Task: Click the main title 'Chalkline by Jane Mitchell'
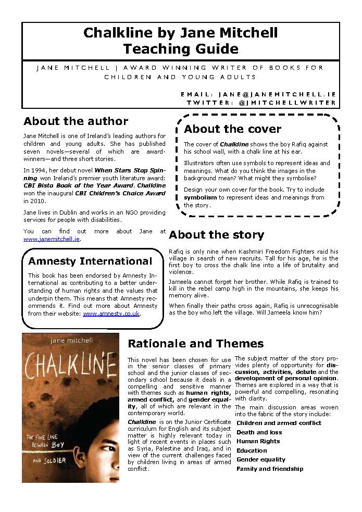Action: pyautogui.click(x=180, y=33)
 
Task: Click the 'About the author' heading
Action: pyautogui.click(x=76, y=121)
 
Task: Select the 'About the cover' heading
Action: pyautogui.click(x=232, y=129)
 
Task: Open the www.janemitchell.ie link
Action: pyautogui.click(x=52, y=239)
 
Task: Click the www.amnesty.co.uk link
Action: pyautogui.click(x=111, y=314)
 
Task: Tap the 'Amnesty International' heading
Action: pyautogui.click(x=90, y=261)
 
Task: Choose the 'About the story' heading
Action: pyautogui.click(x=216, y=235)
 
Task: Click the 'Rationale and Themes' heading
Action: pyautogui.click(x=195, y=344)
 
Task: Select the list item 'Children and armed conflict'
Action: pyautogui.click(x=279, y=423)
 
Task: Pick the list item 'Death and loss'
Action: pyautogui.click(x=259, y=432)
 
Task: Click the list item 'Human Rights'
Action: pyautogui.click(x=258, y=441)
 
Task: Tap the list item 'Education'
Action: pyautogui.click(x=252, y=451)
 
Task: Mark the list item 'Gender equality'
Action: pyautogui.click(x=261, y=459)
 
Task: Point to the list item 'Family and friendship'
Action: pyautogui.click(x=270, y=469)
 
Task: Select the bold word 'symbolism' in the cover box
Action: pyautogui.click(x=200, y=198)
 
